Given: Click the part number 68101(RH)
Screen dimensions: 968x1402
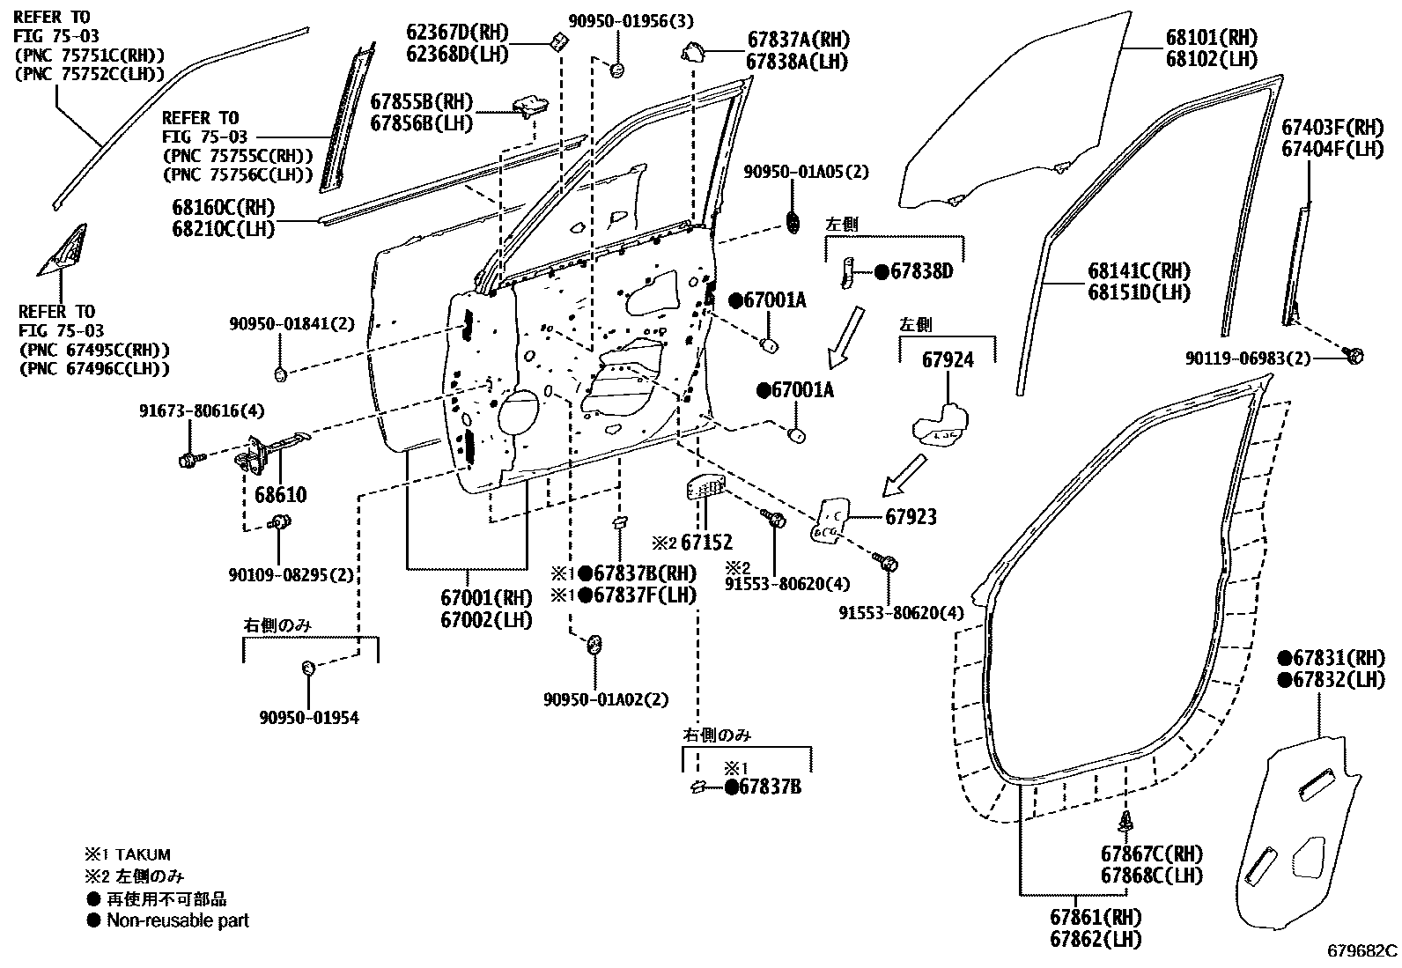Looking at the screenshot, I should point(1211,38).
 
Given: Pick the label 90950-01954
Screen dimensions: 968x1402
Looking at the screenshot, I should point(308,718).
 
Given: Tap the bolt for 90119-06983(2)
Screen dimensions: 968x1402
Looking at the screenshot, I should point(1354,355).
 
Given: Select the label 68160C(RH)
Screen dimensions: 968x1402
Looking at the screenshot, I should point(224,208).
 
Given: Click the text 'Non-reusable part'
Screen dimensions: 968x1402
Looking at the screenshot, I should point(177,920).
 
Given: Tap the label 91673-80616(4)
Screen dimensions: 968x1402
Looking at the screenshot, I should point(189,411).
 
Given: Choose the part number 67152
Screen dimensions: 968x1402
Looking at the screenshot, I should point(706,543).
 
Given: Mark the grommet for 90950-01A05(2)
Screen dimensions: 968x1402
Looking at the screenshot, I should point(793,222).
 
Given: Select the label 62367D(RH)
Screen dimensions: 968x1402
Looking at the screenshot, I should point(457,33).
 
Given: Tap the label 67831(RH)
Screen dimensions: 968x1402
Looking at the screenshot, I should point(1339,658).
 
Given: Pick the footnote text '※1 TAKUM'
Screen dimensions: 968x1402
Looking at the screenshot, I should point(128,854).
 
